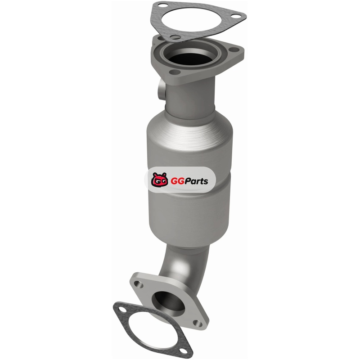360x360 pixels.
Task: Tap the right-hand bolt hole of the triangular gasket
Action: coord(235,16)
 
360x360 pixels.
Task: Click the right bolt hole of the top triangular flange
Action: coord(233,49)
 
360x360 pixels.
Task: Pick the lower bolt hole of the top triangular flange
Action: coord(175,72)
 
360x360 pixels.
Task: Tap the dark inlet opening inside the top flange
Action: coord(190,58)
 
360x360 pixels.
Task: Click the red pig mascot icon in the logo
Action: coord(159,180)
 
